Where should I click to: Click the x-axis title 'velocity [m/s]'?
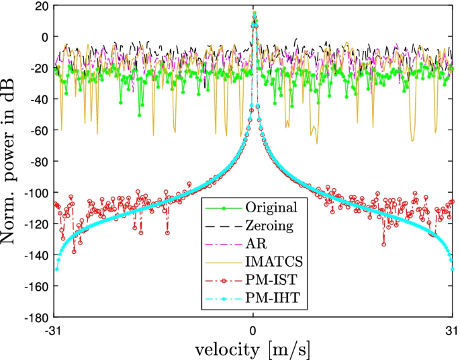252,350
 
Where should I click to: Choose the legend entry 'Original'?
268,206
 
